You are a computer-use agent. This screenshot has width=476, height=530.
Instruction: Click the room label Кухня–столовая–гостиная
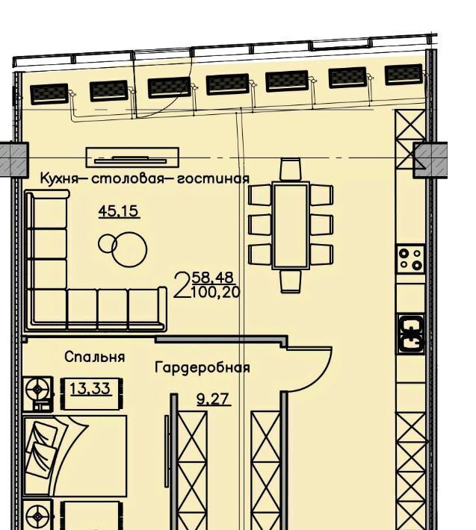(145, 178)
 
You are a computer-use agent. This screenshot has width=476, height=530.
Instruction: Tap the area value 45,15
(119, 211)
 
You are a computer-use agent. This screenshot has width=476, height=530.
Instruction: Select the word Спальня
(94, 357)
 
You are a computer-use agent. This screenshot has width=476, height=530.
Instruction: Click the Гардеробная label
(203, 367)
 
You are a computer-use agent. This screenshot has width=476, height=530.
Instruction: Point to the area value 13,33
(90, 389)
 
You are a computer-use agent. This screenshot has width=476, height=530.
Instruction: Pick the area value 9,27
(214, 399)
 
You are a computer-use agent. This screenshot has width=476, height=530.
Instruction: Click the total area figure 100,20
(216, 292)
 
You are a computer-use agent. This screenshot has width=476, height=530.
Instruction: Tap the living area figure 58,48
(212, 278)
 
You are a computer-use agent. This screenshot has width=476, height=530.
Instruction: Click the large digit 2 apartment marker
(182, 286)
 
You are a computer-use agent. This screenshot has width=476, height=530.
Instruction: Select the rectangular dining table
(291, 225)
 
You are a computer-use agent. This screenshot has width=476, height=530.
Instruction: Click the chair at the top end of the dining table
(291, 169)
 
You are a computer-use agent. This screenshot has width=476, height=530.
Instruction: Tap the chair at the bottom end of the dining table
(291, 281)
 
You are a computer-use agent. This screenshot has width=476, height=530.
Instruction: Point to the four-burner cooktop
(411, 259)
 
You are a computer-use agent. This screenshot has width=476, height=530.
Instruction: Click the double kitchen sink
(411, 333)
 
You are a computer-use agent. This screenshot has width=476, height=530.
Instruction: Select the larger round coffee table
(129, 250)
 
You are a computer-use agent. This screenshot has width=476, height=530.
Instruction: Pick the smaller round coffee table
(108, 243)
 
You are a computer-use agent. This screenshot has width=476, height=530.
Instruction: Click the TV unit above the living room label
(132, 158)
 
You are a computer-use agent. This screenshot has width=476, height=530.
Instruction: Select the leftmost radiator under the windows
(49, 94)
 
